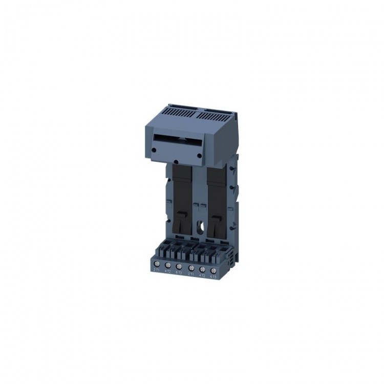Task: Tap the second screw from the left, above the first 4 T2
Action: [x=168, y=265]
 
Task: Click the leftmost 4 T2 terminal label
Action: [x=167, y=272]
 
